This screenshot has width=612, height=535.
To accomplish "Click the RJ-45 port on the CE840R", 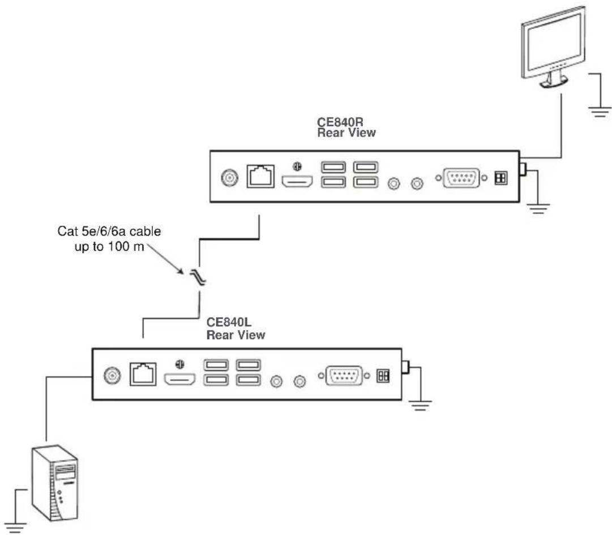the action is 260,176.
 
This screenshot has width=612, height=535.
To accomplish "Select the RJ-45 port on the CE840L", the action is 143,374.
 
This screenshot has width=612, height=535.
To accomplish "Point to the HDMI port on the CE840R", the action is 297,182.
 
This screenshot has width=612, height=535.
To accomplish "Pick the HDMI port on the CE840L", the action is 179,379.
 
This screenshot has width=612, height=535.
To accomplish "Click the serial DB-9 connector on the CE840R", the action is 461,178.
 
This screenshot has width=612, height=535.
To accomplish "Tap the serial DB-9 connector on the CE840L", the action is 344,376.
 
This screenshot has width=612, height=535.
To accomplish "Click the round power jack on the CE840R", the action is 229,178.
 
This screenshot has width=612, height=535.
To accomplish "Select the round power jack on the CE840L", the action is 112,375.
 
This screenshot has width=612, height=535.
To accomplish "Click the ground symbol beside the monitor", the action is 599,112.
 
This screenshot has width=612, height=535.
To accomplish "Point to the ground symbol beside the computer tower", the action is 16,527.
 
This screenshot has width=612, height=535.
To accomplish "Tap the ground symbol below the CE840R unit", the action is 538,209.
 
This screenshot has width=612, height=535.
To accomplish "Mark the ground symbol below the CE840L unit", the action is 420,406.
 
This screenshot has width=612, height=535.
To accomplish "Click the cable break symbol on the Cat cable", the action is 198,277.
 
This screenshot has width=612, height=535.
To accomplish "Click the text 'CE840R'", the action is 340,122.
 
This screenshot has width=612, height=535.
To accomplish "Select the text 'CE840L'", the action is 229,322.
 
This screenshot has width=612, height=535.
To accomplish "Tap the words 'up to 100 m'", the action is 109,247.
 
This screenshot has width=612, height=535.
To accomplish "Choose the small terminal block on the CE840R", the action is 501,178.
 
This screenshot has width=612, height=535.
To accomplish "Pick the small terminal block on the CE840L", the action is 383,376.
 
